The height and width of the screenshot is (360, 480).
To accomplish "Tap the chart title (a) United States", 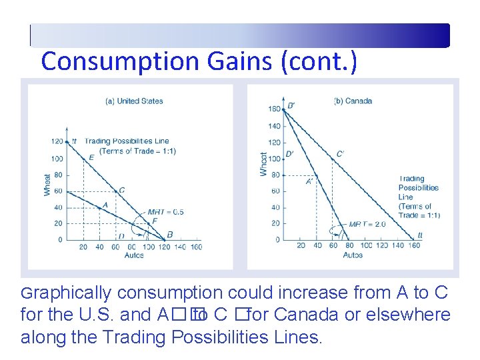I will click(x=134, y=101).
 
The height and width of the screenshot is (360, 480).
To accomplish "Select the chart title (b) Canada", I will click(x=353, y=101).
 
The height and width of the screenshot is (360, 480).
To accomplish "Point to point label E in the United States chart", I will click(x=91, y=157).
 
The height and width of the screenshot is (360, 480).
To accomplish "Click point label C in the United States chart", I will click(x=121, y=190).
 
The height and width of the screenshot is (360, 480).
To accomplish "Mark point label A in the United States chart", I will click(x=104, y=205).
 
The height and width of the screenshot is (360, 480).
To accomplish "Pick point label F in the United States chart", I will click(x=155, y=221).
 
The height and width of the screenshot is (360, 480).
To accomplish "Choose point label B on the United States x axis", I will click(x=170, y=235).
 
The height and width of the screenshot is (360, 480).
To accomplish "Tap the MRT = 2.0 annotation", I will click(x=367, y=224).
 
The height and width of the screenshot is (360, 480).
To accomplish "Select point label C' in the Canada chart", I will click(x=340, y=154).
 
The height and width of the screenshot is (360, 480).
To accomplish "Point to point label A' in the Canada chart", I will click(x=309, y=181).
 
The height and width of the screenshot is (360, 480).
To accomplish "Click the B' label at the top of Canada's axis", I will click(x=291, y=105).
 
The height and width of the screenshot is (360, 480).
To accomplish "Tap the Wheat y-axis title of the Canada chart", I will click(x=264, y=164).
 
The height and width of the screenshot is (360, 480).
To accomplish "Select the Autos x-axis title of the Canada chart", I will click(x=353, y=255).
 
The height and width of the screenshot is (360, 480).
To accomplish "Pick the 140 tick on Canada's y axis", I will click(x=274, y=126).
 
